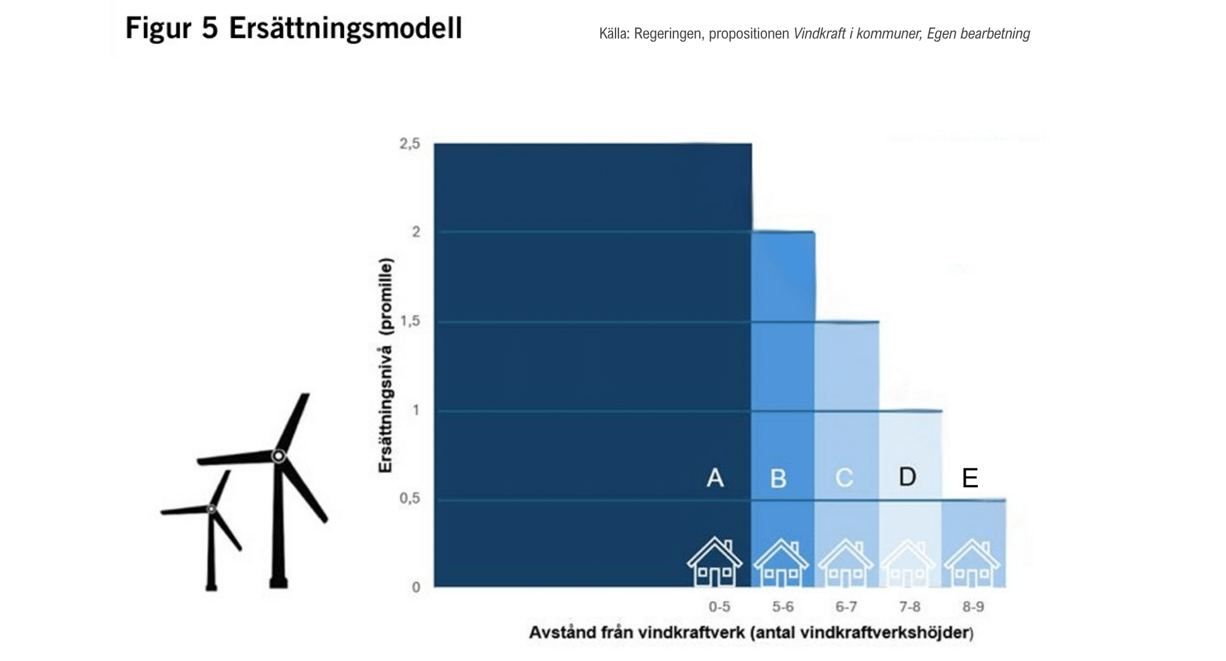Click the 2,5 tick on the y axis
point(409,144)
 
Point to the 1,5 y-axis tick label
point(409,321)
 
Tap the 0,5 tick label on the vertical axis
point(409,498)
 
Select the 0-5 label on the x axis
point(719,607)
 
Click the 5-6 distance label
point(783,607)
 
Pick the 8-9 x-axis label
point(974,607)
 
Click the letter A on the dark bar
point(715,478)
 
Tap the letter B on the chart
point(778,479)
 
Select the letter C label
point(844,478)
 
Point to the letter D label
point(908,476)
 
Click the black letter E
point(970,478)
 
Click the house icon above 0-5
point(714,561)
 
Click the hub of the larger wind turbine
point(279,456)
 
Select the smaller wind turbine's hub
point(211,509)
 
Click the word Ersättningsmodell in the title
point(345,29)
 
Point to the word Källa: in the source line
point(614,34)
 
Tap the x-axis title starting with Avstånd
point(751,632)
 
